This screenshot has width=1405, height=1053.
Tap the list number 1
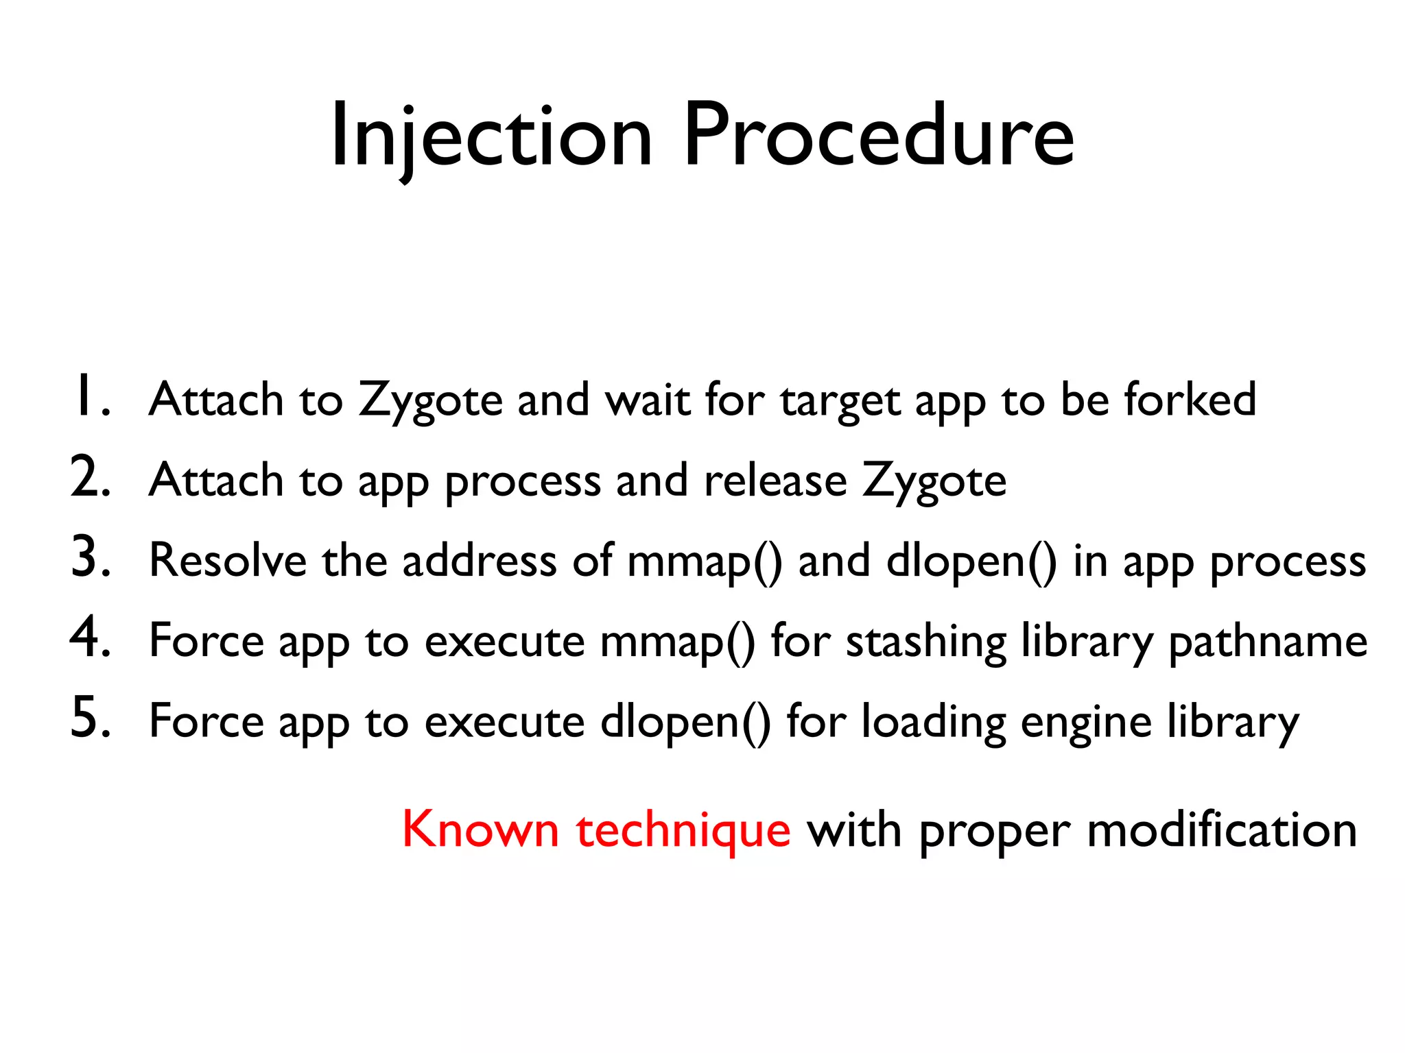pos(89,398)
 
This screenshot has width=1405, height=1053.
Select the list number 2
pos(89,479)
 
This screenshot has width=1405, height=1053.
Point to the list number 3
pos(89,559)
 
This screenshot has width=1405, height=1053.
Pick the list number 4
pos(89,639)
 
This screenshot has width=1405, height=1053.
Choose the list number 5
pos(89,720)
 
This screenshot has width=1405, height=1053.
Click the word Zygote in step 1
pos(431,401)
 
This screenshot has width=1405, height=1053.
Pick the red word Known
pos(480,830)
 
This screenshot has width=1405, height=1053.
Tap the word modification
pos(1222,830)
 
